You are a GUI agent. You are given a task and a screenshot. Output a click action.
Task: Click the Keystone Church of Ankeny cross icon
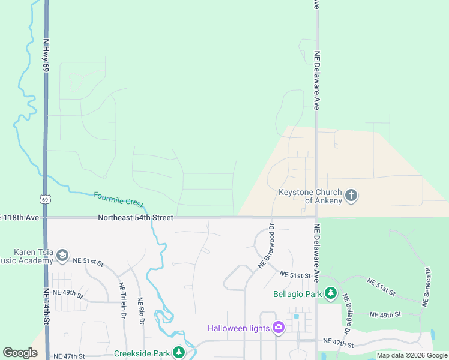pyautogui.click(x=352, y=196)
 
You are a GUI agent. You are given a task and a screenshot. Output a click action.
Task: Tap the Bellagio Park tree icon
pyautogui.click(x=330, y=293)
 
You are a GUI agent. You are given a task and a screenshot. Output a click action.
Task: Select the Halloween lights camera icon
pyautogui.click(x=278, y=328)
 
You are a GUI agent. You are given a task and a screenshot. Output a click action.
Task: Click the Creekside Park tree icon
pyautogui.click(x=178, y=352)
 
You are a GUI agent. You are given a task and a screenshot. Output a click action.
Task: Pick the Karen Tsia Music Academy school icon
pyautogui.click(x=62, y=256)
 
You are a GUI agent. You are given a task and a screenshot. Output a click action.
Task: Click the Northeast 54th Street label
pyautogui.click(x=136, y=217)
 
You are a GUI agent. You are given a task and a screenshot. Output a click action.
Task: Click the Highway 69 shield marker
pyautogui.click(x=45, y=199)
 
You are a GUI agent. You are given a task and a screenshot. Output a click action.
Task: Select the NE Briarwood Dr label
pyautogui.click(x=266, y=245)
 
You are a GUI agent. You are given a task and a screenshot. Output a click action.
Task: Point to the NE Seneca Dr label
pyautogui.click(x=429, y=287)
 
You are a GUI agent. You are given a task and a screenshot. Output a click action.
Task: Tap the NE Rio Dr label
pyautogui.click(x=142, y=311)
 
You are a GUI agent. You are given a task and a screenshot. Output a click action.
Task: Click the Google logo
pyautogui.click(x=20, y=353)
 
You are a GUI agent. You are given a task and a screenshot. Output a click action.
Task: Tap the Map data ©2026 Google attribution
pyautogui.click(x=412, y=355)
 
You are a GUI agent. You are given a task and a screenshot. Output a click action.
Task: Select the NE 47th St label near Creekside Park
pyautogui.click(x=70, y=356)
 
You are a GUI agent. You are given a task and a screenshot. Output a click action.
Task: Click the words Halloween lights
pyautogui.click(x=239, y=328)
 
